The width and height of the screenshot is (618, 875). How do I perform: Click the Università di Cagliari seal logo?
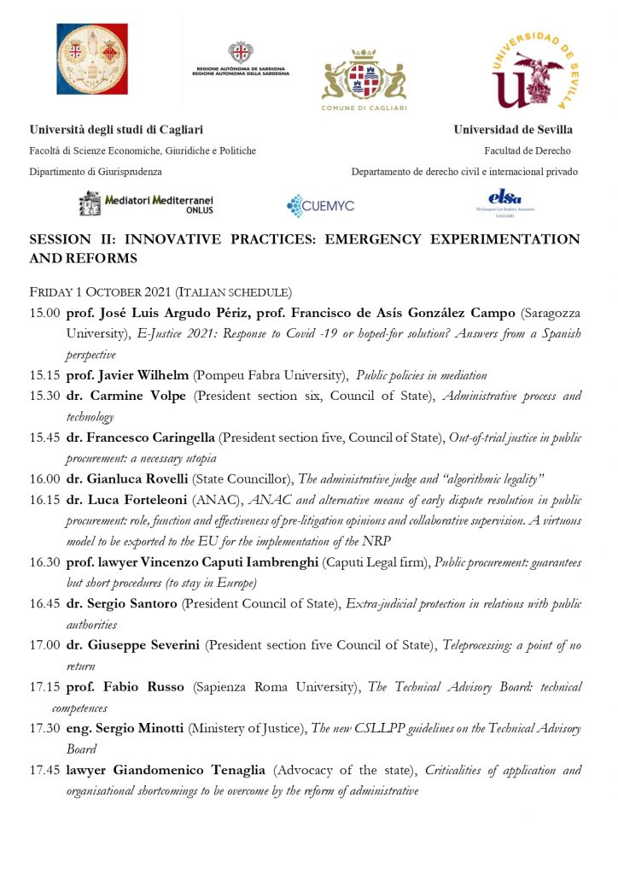click(x=91, y=58)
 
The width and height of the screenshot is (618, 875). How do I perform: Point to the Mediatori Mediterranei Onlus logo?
click(x=146, y=203)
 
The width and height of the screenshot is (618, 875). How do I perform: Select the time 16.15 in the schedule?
click(x=44, y=498)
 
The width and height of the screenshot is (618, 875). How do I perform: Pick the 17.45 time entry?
click(x=44, y=771)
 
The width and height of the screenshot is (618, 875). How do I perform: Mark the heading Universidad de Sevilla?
click(x=513, y=130)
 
